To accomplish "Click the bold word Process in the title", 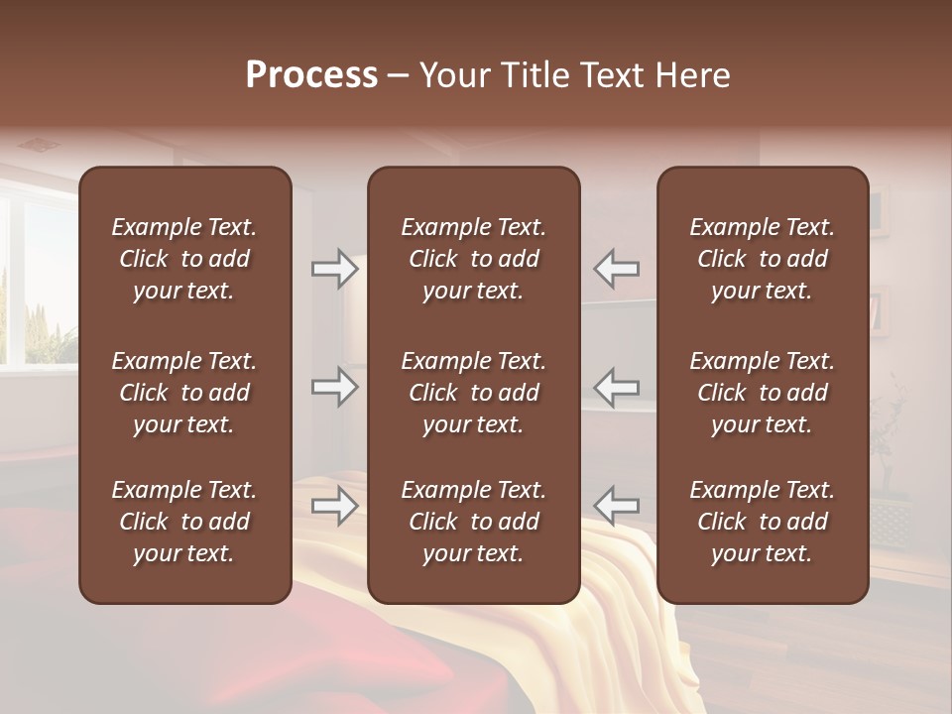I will coord(311,74).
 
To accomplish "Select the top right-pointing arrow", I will coord(335,269).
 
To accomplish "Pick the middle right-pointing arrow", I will coord(335,387).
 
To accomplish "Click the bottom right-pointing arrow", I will coord(335,506).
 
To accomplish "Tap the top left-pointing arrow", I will coord(616,269).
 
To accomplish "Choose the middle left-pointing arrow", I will coord(616,387).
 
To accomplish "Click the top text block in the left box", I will coord(184,259).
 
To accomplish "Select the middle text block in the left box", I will coord(184,393).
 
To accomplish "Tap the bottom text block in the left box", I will coord(184,522).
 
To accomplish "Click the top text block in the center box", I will coord(473,259).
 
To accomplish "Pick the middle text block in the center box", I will coord(473,393).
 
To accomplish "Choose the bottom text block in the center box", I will coord(473,522).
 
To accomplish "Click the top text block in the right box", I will coord(762,259).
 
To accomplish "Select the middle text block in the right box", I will coord(762,393).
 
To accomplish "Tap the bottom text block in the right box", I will coord(762,522).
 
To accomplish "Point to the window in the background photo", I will coord(40,283).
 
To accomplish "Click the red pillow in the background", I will coord(149,654).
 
